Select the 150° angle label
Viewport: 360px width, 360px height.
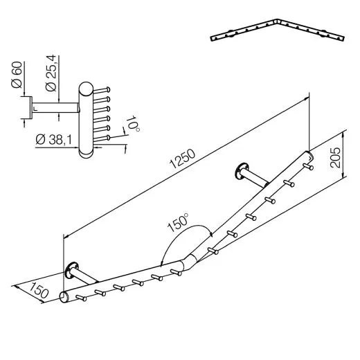click(x=178, y=224)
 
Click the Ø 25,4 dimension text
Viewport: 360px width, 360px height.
click(x=50, y=75)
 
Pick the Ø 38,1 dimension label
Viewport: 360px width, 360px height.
click(x=54, y=140)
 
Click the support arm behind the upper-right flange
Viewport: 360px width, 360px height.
click(x=258, y=179)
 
